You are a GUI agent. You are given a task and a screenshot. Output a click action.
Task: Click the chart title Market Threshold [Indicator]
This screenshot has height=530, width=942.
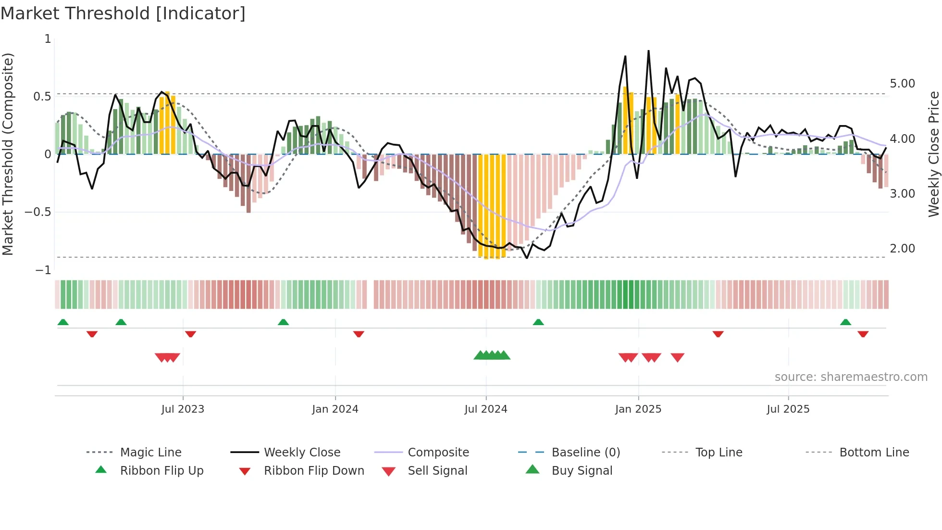click(123, 13)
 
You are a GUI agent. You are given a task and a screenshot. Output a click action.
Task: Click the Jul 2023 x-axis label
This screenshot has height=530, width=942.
click(183, 409)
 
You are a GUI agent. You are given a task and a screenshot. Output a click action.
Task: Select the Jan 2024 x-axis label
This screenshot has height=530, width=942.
click(335, 409)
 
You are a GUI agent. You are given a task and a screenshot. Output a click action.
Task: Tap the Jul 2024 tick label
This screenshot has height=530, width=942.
click(486, 409)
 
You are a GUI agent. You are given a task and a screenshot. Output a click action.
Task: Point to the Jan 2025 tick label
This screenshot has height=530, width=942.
click(638, 409)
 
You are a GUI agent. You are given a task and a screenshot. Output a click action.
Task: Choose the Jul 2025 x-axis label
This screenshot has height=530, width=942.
click(788, 409)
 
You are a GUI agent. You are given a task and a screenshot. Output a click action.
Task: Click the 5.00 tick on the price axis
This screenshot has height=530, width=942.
click(902, 84)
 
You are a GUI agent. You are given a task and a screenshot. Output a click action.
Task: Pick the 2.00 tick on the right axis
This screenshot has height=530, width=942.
click(902, 249)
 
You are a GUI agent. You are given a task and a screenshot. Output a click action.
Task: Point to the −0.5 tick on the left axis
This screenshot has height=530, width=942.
click(38, 212)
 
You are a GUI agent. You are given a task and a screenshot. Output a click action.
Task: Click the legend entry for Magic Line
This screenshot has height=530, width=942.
click(150, 453)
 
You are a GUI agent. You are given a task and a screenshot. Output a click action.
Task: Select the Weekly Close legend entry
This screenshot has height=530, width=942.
click(302, 453)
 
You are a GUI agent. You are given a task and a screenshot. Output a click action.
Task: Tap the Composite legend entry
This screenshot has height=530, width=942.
click(438, 453)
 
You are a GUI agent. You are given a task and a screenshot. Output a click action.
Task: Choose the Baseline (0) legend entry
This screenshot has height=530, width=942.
click(586, 453)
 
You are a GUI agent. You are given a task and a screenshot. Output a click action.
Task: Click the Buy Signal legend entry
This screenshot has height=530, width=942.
click(582, 471)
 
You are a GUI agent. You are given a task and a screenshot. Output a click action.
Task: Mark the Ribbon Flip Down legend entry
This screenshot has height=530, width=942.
click(314, 471)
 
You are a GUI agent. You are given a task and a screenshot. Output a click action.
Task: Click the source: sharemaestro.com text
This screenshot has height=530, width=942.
click(851, 377)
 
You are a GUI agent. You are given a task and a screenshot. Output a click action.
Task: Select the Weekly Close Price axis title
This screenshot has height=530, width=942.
click(933, 154)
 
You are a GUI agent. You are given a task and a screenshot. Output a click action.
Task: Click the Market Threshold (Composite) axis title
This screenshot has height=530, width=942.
click(8, 154)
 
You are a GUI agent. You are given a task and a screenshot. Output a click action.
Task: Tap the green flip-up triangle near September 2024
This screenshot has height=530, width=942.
click(538, 322)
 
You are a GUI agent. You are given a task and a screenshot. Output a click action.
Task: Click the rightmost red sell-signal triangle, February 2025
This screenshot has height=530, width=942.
click(677, 357)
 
